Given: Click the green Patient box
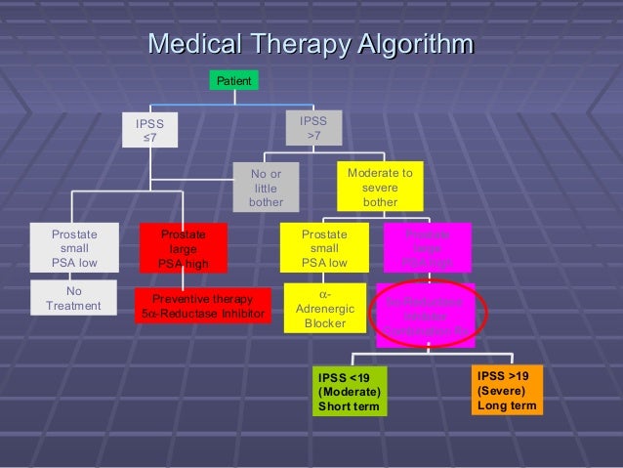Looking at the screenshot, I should coord(234,80).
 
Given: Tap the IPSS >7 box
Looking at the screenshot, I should coord(313,128).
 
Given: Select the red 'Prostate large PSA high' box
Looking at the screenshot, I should coord(183,248).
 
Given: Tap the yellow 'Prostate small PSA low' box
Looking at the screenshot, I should coord(324,248).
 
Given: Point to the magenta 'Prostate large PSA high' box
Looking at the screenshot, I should coord(428,248).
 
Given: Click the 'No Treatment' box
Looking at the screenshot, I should coord(73,298).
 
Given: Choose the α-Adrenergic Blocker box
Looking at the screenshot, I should coord(324,308).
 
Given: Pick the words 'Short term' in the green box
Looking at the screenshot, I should coord(348,406).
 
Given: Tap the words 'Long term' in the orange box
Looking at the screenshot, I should coord(506,404).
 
